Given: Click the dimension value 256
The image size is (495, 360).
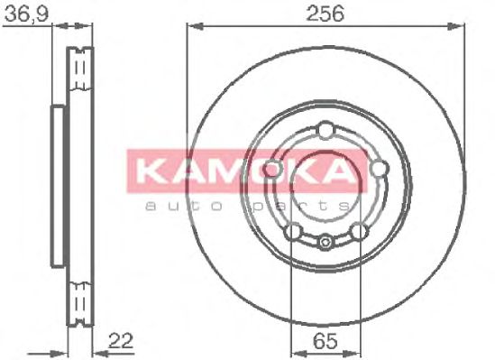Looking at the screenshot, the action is (x=325, y=14).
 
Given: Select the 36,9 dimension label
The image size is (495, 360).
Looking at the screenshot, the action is (x=27, y=14).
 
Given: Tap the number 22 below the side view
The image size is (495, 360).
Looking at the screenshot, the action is (x=121, y=340).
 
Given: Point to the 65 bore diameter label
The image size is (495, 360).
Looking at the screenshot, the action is (x=325, y=341).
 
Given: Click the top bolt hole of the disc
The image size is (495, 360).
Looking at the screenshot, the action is (x=325, y=131).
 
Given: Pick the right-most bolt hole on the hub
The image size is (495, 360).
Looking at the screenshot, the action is (x=379, y=169).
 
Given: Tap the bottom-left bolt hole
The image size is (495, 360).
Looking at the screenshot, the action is (x=293, y=232).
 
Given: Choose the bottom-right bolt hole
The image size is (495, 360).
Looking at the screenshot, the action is (x=359, y=232).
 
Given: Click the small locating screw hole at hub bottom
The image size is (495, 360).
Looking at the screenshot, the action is (x=325, y=242).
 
